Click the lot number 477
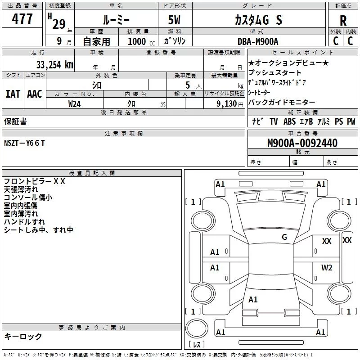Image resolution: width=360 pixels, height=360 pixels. tap(22, 19)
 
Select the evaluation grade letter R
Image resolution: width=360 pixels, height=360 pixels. tap(343, 20)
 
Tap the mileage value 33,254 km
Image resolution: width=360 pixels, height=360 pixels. tap(54, 64)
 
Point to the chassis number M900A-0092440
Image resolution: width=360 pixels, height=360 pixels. tap(302, 144)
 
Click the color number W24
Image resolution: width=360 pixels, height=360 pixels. tap(75, 104)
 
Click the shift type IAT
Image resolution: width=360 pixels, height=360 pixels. tap(13, 94)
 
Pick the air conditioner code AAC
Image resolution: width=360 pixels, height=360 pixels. tap(35, 94)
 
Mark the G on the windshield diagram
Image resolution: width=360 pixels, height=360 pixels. tap(284, 237)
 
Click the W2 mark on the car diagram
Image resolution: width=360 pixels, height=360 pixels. tap(327, 268)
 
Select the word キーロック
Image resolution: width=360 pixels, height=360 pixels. tap(23, 337)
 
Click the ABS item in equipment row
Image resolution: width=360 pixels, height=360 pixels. tap(289, 121)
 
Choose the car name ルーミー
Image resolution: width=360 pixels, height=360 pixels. tap(116, 20)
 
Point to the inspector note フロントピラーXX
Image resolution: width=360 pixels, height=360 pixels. tap(35, 182)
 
